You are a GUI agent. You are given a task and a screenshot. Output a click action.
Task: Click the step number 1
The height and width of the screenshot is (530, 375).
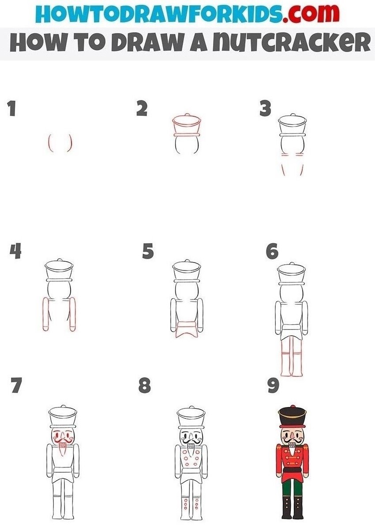[x=12, y=109]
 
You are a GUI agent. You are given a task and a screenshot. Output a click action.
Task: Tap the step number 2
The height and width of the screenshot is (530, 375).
[x=142, y=108]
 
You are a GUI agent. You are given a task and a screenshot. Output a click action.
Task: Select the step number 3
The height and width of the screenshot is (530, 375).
[x=265, y=108]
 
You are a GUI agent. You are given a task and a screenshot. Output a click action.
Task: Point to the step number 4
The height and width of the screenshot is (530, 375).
[x=15, y=252]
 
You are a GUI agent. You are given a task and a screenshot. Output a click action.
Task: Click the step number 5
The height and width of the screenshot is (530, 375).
[x=148, y=252]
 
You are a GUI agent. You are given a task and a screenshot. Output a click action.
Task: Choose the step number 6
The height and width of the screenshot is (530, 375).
[x=272, y=252]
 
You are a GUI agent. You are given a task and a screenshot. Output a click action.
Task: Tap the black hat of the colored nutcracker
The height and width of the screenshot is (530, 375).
[x=292, y=417]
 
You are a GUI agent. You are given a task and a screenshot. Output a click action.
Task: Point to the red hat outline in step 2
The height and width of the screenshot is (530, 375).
[x=187, y=126]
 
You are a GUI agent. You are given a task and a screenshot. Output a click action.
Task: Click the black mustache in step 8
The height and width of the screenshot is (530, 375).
[x=191, y=439]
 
